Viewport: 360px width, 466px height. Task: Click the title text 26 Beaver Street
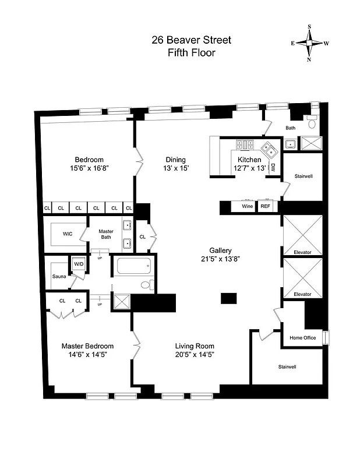[x=191, y=40]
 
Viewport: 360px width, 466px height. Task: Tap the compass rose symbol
[x=310, y=43]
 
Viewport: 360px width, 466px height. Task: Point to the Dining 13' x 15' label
[x=175, y=164]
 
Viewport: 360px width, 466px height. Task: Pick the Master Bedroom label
[x=87, y=346]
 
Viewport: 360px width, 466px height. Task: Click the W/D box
[x=78, y=264]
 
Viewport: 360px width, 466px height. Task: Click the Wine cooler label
[x=247, y=206]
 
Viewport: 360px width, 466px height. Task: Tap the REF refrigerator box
[x=266, y=206]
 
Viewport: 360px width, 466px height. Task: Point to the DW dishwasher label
[x=273, y=167]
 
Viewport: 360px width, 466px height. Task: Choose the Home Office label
[x=303, y=338]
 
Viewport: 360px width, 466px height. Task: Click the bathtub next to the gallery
[x=134, y=267]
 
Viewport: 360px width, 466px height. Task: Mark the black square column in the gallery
[x=228, y=298]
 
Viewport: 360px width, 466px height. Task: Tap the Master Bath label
[x=105, y=234]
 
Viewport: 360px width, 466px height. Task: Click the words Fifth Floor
[x=191, y=52]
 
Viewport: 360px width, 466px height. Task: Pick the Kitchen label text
[x=249, y=160]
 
